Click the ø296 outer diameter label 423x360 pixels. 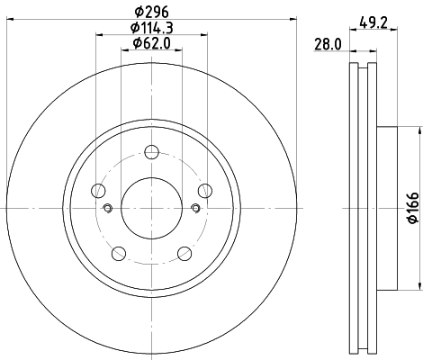point(152,13)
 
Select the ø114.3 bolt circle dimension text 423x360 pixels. point(152,28)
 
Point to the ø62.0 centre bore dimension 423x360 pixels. point(152,42)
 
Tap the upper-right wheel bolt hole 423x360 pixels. point(205,189)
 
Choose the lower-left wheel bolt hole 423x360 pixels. point(120,253)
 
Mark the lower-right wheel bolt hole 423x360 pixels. point(184,253)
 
